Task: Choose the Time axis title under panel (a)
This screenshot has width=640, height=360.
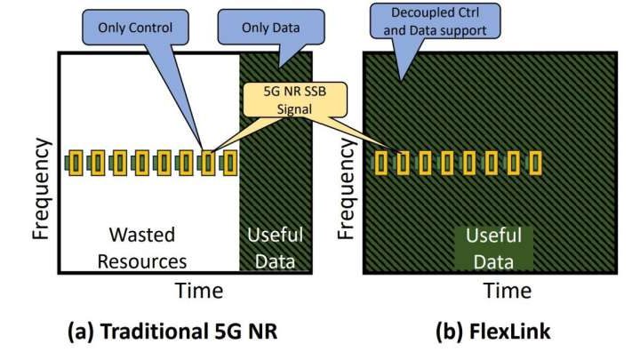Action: click(x=198, y=290)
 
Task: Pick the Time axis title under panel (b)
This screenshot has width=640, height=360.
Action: click(x=508, y=290)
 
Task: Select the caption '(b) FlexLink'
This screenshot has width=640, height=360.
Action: click(x=492, y=334)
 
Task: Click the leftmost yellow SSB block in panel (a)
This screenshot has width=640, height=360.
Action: click(x=76, y=163)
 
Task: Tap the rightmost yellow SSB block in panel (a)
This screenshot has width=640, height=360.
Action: click(x=230, y=163)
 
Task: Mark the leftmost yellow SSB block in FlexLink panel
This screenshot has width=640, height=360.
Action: click(x=382, y=163)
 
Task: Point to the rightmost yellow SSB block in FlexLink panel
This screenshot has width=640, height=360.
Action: click(x=536, y=163)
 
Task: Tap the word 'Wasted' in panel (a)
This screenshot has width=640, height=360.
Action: click(x=142, y=235)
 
